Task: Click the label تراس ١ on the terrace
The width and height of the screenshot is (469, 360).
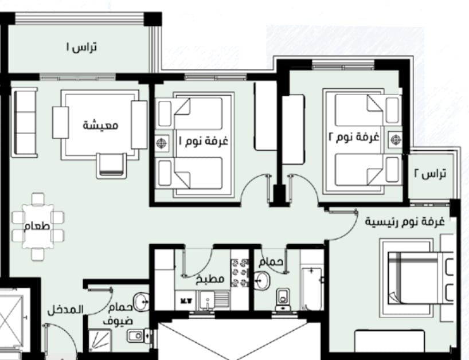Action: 81,47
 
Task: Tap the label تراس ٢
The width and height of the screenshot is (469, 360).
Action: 430,173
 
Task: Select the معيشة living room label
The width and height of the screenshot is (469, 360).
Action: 100,125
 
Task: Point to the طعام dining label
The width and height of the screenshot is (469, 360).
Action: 37,226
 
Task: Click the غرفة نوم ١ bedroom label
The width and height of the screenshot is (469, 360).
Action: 204,140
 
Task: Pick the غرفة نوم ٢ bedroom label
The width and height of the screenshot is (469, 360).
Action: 354,137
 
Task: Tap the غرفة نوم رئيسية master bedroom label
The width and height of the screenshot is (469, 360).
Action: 405,222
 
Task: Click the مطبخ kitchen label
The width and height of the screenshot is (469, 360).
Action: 210,279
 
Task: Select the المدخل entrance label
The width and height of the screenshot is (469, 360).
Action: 65,310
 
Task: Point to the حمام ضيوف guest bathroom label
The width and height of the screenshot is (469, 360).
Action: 118,314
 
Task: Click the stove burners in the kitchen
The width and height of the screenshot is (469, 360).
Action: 240,273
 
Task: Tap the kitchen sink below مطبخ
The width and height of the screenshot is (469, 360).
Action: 208,300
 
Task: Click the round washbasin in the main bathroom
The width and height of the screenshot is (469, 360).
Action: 262,280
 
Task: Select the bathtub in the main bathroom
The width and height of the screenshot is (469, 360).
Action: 312,289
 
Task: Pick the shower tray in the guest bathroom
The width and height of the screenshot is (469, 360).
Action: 100,341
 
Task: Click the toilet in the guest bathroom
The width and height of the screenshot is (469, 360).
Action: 139,336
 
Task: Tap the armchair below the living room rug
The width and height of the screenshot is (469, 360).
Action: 111,166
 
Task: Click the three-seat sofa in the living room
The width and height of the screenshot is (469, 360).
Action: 25,122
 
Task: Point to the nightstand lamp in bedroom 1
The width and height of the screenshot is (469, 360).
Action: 162,143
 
